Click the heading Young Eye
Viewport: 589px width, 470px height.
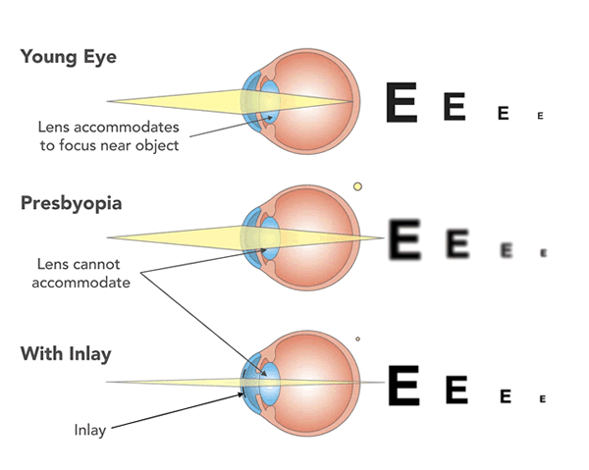68,57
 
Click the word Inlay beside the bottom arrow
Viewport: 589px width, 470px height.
91,429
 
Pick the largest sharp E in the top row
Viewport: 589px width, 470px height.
402,102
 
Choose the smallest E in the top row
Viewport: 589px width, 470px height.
540,116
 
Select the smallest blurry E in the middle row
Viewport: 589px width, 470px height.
542,252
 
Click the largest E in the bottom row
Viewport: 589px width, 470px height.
404,385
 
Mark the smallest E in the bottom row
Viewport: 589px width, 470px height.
541,398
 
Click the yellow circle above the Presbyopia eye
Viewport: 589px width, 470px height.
357,186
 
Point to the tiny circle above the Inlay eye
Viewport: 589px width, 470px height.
357,339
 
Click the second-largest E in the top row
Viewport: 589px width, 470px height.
454,106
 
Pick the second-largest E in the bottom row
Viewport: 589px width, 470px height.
455,390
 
